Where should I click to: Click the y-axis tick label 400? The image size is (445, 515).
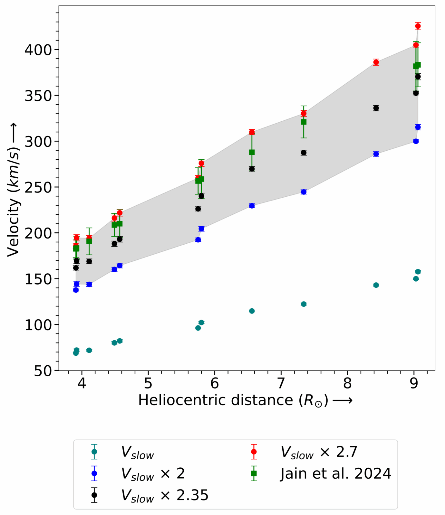click(38, 50)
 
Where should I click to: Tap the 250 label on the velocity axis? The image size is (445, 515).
click(38, 187)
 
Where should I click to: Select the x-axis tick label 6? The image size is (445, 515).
click(215, 383)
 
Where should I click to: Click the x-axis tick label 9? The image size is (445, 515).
click(414, 383)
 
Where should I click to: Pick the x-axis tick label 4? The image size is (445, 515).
click(82, 383)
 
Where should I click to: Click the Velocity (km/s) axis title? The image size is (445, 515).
click(14, 190)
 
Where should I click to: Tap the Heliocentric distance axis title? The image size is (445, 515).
click(245, 400)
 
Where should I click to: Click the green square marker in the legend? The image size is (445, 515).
click(254, 473)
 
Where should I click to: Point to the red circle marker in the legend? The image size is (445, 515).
click(254, 452)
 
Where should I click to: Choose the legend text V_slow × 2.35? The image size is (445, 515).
click(165, 495)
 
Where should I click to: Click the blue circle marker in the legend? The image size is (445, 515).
click(94, 473)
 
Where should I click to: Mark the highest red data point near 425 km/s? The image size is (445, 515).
click(418, 26)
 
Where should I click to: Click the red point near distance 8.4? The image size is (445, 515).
click(376, 62)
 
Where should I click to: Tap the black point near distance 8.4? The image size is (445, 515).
click(376, 108)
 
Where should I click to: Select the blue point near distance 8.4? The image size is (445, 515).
click(376, 154)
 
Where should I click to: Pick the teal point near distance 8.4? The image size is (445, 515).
click(376, 285)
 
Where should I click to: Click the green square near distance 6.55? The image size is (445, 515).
click(252, 152)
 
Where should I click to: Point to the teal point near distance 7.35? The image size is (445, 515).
click(304, 304)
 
